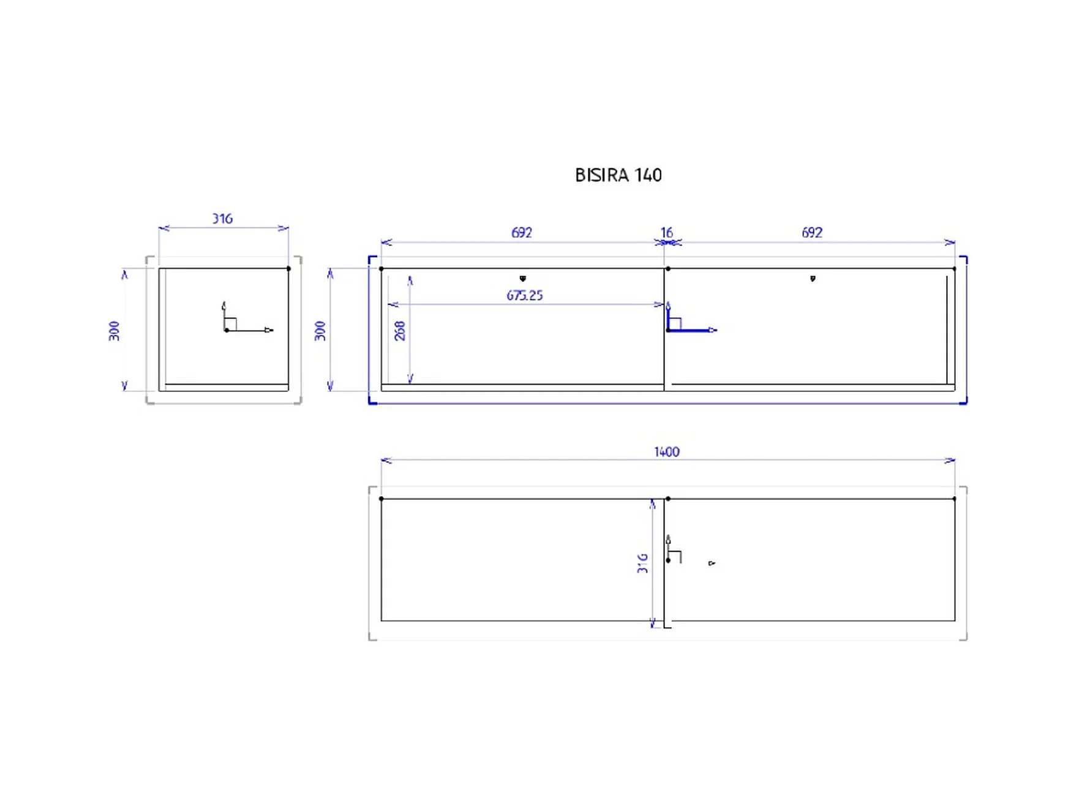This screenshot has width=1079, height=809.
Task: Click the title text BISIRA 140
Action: [x=618, y=175]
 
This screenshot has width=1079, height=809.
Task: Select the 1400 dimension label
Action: [x=666, y=452]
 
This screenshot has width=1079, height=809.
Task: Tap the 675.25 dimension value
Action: [x=524, y=295]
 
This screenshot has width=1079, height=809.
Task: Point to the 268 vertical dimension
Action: [x=399, y=331]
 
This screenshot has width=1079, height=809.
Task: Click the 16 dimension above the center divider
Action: [x=666, y=233]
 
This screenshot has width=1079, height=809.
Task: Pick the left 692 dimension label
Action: [x=521, y=233]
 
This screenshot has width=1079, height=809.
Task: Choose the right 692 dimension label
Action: [x=811, y=233]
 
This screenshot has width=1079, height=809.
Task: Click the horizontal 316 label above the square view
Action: [x=222, y=219]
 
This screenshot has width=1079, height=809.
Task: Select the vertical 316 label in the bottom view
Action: [x=642, y=563]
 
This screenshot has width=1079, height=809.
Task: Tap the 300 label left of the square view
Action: [x=114, y=331]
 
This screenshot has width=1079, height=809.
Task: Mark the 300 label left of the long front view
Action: [x=320, y=331]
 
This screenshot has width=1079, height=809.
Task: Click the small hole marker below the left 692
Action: [x=522, y=279]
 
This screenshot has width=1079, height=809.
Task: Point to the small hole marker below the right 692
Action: [x=813, y=279]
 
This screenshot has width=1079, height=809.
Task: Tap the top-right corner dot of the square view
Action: [x=288, y=268]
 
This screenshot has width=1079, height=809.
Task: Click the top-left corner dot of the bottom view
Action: [x=381, y=499]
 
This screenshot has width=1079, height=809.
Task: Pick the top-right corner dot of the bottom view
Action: [x=954, y=499]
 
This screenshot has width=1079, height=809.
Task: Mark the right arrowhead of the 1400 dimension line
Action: [x=950, y=460]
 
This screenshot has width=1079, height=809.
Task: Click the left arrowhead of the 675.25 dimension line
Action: [x=393, y=304]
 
